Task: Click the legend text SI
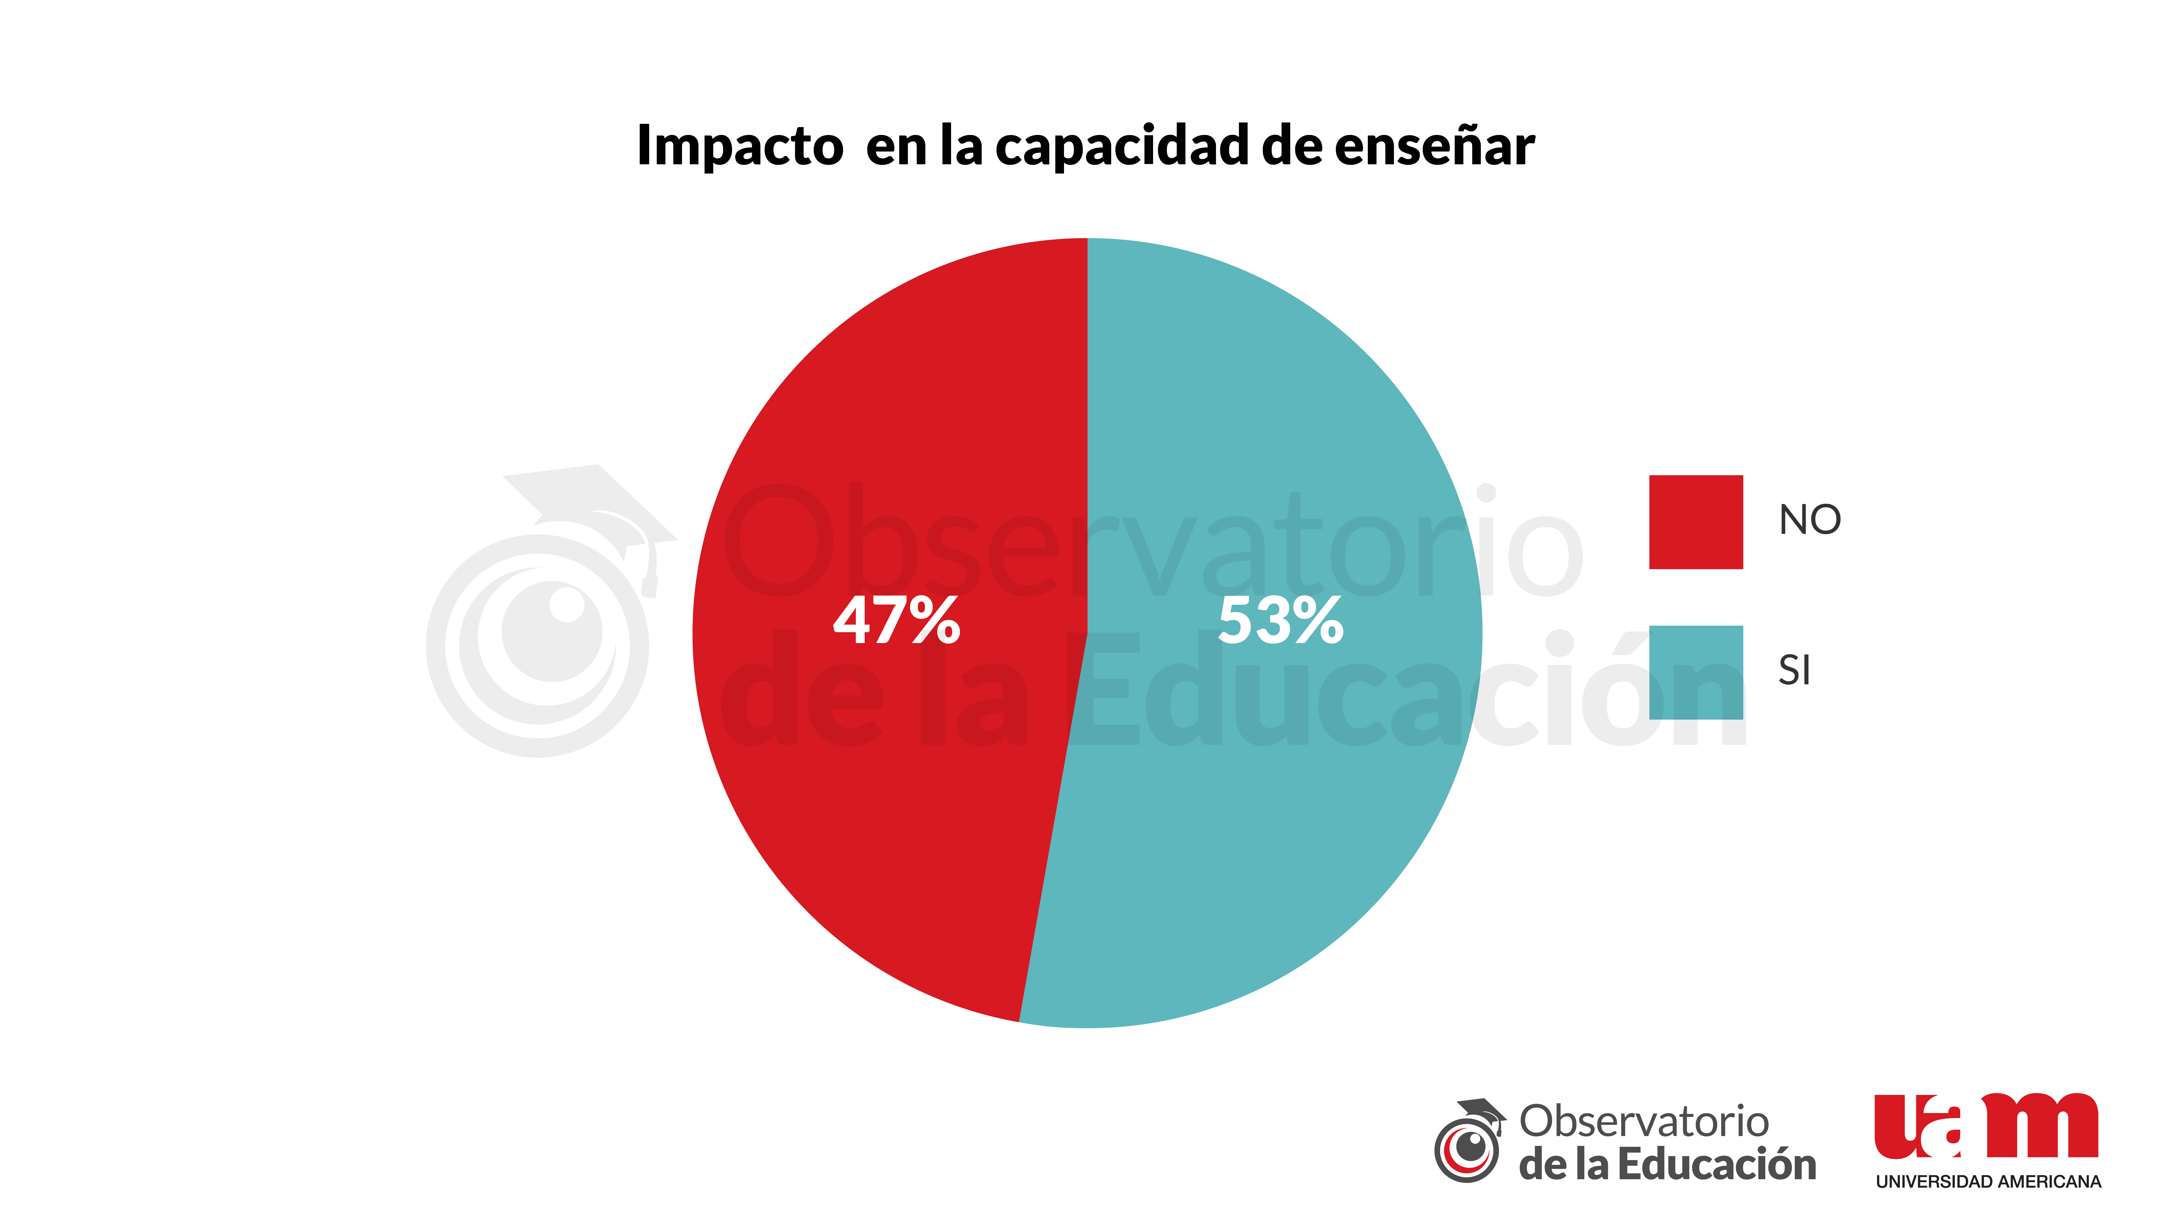pyautogui.click(x=1794, y=670)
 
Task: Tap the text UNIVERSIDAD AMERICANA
pyautogui.click(x=1987, y=1182)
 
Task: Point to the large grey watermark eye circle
pyautogui.click(x=538, y=645)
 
